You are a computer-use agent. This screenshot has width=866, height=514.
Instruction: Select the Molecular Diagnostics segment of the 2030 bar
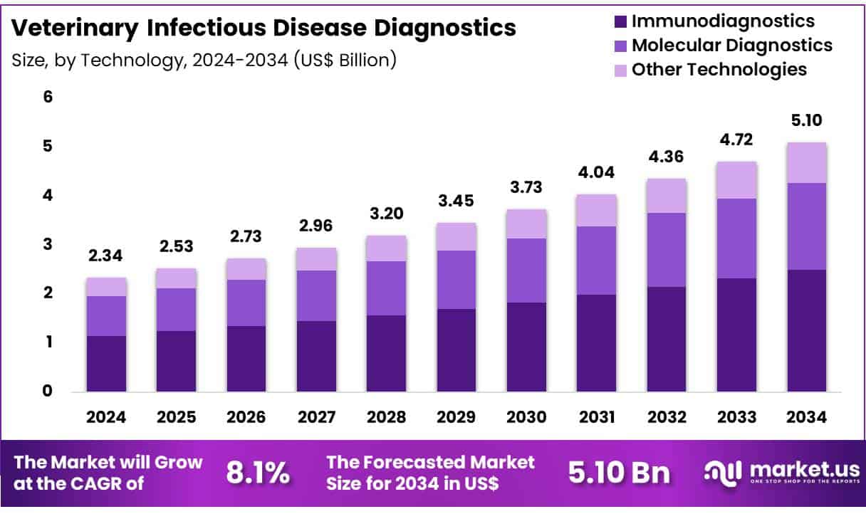coord(526,271)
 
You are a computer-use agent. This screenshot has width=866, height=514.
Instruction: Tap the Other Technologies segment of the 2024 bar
coord(106,287)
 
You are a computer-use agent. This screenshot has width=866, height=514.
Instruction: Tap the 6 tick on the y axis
coord(48,97)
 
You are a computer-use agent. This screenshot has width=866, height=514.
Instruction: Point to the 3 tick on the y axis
coord(48,244)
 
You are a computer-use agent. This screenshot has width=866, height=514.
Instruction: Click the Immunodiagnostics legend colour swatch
coord(619,21)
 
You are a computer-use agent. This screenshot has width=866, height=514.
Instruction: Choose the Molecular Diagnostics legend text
coord(732,46)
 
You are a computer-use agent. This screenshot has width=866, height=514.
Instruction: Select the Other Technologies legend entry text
coord(719,70)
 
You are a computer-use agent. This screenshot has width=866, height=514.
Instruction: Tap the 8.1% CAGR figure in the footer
coord(258,472)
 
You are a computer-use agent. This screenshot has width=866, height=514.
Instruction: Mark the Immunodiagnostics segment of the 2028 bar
coord(386,353)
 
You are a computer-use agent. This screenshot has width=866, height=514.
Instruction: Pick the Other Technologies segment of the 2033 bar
coord(736,180)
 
